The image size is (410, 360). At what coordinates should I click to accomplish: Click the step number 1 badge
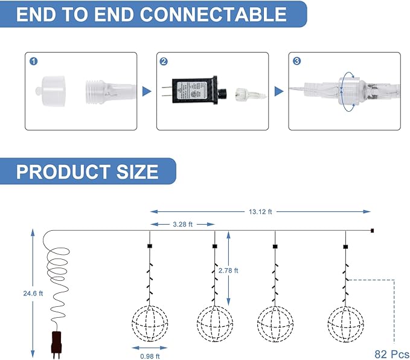[x=33, y=61]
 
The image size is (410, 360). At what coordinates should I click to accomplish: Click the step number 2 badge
[x=164, y=61]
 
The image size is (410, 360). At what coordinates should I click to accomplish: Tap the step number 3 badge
[x=296, y=61]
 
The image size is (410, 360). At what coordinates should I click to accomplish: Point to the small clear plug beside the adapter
[x=247, y=94]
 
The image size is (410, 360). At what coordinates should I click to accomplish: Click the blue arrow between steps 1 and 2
[x=147, y=91]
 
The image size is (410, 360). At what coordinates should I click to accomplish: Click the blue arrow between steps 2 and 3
[x=278, y=91]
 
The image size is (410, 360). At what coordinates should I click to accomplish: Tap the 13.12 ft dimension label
[x=260, y=211]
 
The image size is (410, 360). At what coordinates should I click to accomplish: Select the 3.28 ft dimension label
[x=181, y=224]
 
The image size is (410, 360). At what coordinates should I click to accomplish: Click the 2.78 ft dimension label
[x=237, y=271]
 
